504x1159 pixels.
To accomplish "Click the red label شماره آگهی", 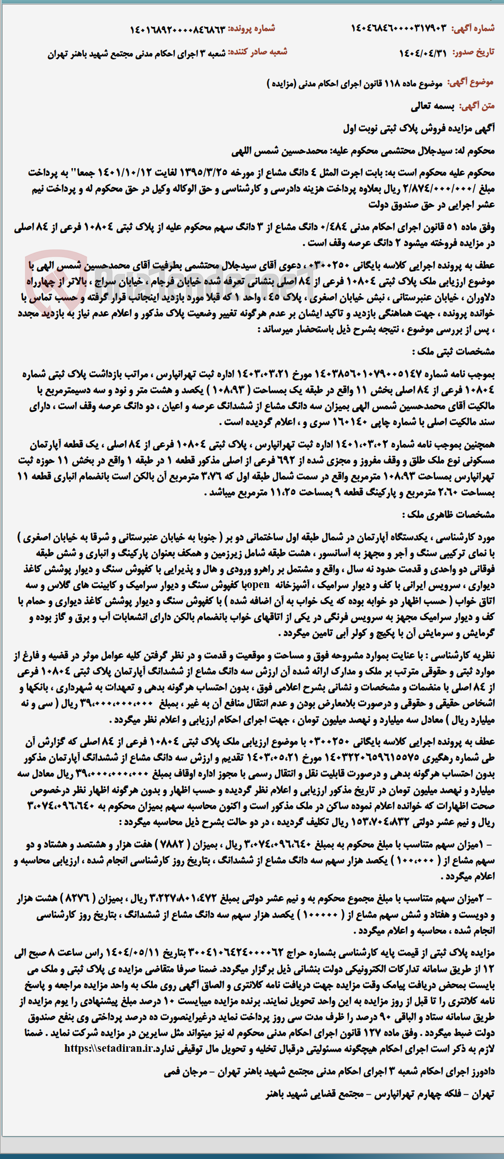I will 473,28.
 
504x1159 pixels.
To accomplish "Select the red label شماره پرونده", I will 252,28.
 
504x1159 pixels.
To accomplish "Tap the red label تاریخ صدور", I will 473,52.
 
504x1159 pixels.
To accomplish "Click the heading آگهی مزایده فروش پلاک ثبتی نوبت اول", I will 419,128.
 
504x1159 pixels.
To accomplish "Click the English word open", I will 258,585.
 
